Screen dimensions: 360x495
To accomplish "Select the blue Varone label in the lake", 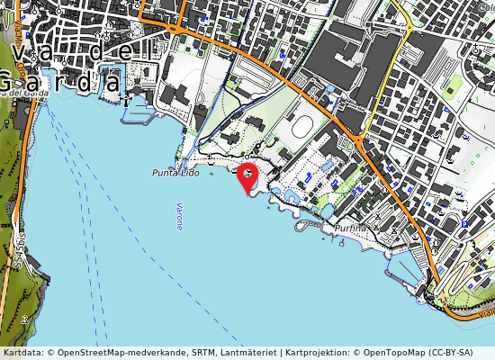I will pyautogui.click(x=178, y=215).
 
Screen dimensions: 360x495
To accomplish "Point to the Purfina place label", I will pyautogui.click(x=350, y=229).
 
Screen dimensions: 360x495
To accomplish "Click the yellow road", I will pyautogui.click(x=390, y=81).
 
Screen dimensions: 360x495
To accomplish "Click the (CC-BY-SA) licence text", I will pyautogui.click(x=459, y=353).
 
